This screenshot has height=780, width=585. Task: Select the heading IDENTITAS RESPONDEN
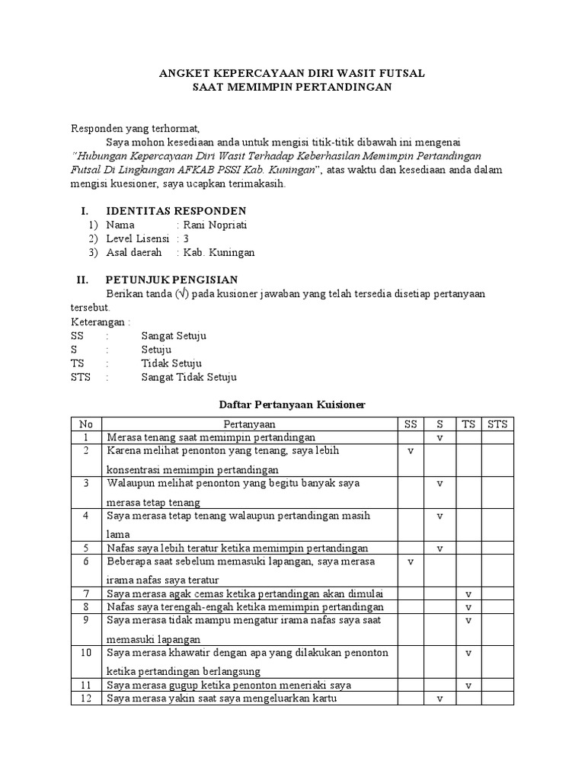coord(175,210)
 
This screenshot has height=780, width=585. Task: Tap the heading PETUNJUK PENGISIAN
coord(171,280)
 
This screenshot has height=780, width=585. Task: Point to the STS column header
coord(497,424)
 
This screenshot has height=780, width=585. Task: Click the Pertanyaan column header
coord(250,424)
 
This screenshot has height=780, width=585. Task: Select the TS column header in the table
coord(468,424)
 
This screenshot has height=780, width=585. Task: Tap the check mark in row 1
coord(440,438)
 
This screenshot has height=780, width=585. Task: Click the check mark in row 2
coord(411,452)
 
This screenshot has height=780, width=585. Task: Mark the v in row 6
coord(411,561)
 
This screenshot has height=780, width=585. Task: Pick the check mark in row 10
coord(468,654)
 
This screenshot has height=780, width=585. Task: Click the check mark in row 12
coord(440,698)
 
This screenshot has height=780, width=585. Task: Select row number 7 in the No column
coord(87,593)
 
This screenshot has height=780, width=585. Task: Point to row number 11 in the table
coord(87,685)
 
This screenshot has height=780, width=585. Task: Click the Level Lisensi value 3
coord(187,238)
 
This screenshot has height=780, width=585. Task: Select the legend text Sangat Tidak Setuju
coord(189,377)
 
